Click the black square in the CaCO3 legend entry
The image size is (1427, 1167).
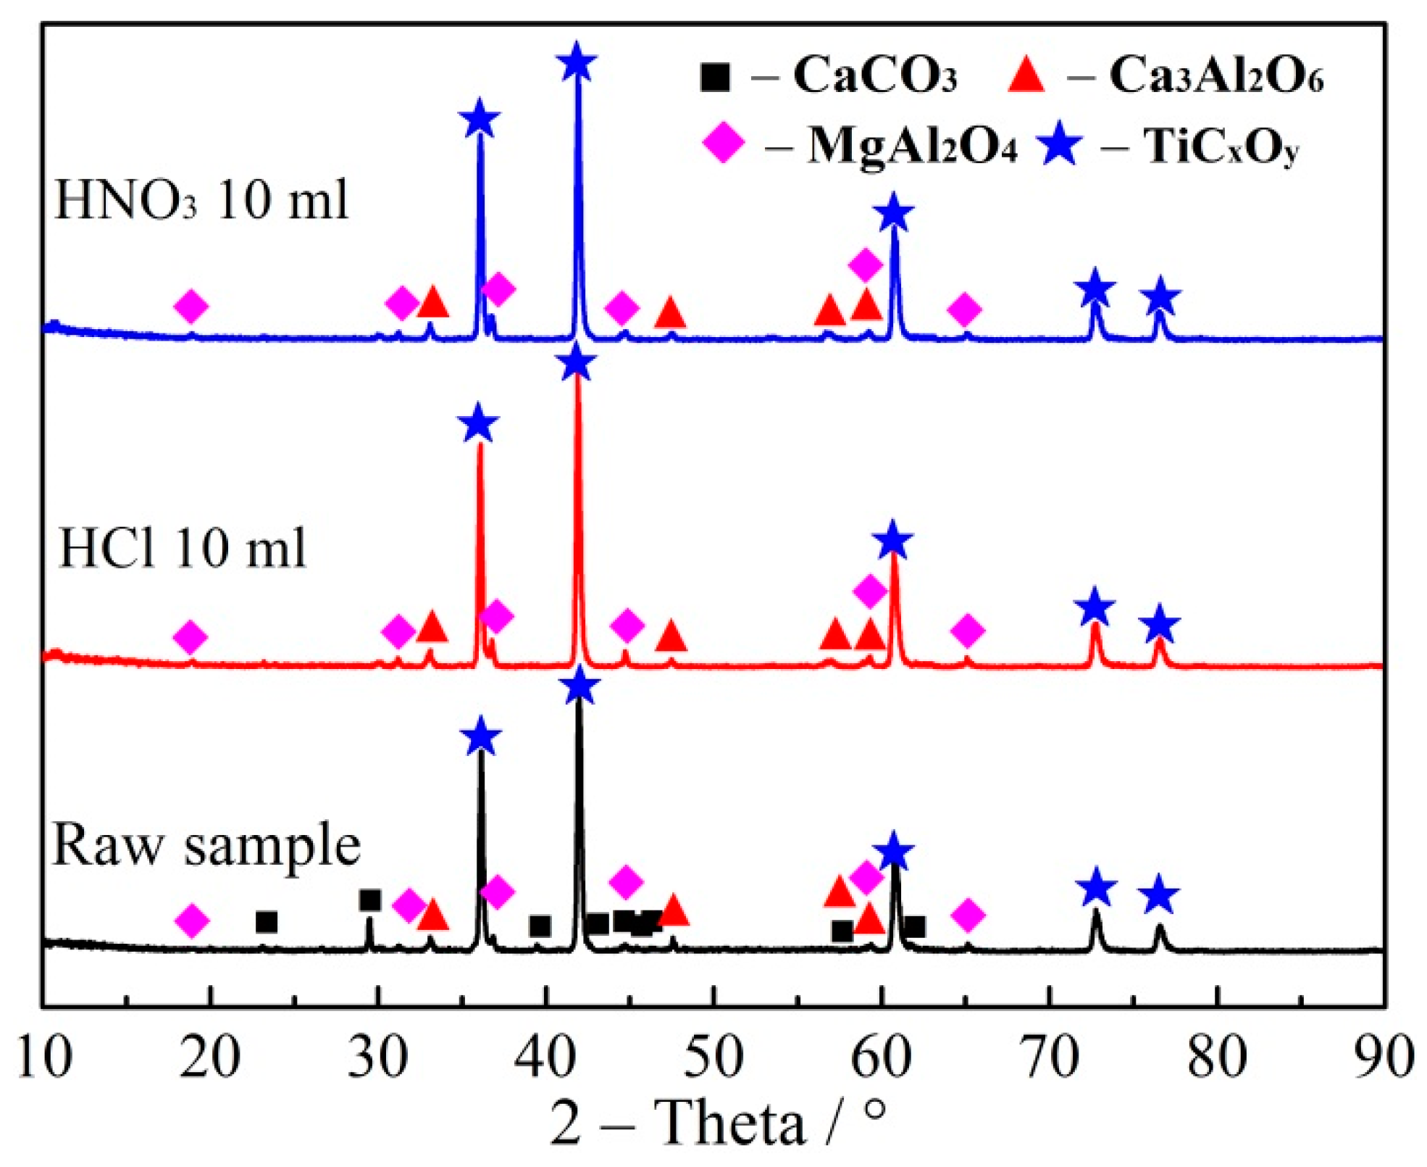tap(715, 76)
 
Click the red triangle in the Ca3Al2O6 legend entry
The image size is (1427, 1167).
tap(1026, 75)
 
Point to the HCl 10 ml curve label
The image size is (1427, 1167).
tap(183, 549)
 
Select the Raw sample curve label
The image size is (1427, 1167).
tap(206, 845)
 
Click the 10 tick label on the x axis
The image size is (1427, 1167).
tap(43, 1057)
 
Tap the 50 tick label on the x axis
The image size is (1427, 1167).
tap(713, 1057)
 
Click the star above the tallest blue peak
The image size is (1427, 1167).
tap(577, 62)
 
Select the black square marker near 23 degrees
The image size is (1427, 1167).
tap(267, 923)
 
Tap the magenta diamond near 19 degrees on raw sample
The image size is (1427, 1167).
tap(192, 921)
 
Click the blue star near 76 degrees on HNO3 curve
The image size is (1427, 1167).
tap(1160, 296)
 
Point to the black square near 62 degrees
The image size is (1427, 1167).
tap(914, 927)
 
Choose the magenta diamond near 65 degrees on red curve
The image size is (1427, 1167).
tap(968, 631)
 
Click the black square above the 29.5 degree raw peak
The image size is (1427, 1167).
tap(369, 901)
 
